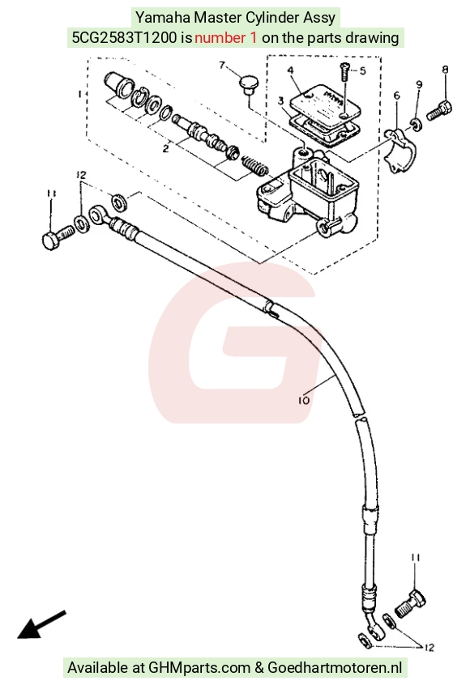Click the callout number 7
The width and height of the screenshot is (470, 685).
222,65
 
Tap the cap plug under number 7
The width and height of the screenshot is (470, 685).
249,85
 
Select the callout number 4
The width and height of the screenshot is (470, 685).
290,70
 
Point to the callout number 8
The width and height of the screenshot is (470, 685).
445,69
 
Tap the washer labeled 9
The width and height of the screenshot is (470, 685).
416,124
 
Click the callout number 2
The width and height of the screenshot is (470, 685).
165,148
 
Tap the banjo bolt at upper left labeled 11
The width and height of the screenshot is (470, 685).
58,236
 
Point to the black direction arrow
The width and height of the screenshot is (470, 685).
41,624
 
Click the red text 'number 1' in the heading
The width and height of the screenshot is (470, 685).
225,37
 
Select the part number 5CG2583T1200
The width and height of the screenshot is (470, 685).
126,37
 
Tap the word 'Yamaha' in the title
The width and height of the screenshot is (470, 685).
163,18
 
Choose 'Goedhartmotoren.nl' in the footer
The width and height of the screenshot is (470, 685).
335,667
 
